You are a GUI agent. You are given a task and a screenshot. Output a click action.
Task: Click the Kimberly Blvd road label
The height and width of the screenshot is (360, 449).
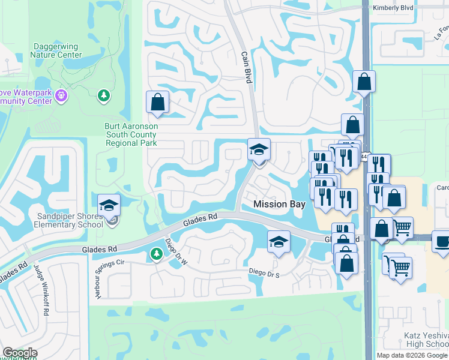pyautogui.click(x=393, y=8)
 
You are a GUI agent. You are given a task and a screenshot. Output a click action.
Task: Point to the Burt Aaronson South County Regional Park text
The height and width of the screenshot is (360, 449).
pyautogui.click(x=131, y=135)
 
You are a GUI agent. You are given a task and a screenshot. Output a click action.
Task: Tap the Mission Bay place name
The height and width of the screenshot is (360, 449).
pyautogui.click(x=280, y=204)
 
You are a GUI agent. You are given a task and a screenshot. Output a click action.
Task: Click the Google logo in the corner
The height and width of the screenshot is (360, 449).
pyautogui.click(x=19, y=353)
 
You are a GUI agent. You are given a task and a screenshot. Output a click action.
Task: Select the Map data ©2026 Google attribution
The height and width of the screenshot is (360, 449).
pyautogui.click(x=412, y=355)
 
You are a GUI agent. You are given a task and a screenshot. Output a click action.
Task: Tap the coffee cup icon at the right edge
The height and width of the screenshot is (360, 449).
pyautogui.click(x=442, y=242)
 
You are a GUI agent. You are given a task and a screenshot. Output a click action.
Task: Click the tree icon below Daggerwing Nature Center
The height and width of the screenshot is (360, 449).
pyautogui.click(x=104, y=95)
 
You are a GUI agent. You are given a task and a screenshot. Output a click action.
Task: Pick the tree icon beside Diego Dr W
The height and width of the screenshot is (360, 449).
pyautogui.click(x=156, y=255)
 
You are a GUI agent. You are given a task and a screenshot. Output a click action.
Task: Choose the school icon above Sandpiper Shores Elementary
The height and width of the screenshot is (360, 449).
pyautogui.click(x=109, y=205)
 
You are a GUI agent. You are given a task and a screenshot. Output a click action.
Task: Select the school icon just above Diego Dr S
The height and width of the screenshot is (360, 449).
pyautogui.click(x=279, y=242)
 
